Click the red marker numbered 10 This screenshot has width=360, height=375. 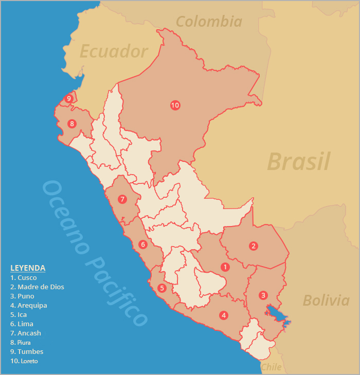click(x=175, y=105)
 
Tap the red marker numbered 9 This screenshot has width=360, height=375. click(x=68, y=99)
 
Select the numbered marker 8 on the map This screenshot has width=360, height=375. click(x=71, y=124)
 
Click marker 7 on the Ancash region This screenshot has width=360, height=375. click(x=122, y=199)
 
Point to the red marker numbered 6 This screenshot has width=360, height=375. click(x=142, y=245)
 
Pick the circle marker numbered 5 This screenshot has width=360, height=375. click(x=161, y=288)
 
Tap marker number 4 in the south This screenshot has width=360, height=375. click(x=223, y=315)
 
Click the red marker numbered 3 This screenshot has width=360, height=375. click(x=263, y=295)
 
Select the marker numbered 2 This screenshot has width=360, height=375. click(x=254, y=246)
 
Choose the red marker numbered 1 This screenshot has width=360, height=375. click(x=225, y=267)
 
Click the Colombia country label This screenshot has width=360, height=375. click(x=209, y=22)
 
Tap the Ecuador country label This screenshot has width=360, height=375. click(x=114, y=51)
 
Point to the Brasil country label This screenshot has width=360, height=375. click(x=298, y=161)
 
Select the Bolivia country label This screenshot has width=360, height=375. click(x=327, y=300)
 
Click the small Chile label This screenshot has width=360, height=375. click(x=271, y=367)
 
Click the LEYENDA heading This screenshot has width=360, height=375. click(x=28, y=268)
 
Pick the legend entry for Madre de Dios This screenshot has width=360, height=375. click(x=37, y=287)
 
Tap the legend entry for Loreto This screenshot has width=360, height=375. click(x=24, y=361)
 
